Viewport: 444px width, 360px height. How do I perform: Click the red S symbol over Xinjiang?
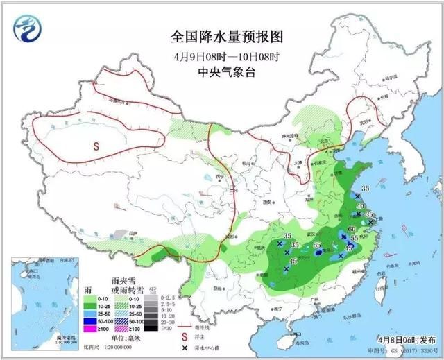tap(96, 145)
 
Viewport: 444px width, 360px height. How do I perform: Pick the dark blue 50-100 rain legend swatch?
tap(89, 320)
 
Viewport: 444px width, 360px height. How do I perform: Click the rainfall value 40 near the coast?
tap(359, 206)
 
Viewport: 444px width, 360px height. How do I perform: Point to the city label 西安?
tap(266, 201)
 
